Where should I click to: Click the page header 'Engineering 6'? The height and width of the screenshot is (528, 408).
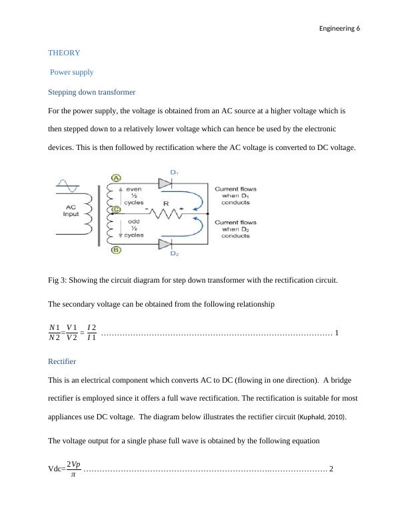click(x=339, y=29)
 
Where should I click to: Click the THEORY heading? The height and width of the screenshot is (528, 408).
click(x=64, y=53)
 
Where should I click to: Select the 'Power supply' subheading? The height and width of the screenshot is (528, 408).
click(x=71, y=72)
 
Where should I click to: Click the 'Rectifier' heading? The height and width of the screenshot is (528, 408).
click(x=62, y=361)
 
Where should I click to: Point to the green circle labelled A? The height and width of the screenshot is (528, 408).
click(x=116, y=178)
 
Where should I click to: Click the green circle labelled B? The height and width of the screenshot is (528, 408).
click(x=116, y=250)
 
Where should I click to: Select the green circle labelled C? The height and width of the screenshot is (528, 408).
click(x=116, y=209)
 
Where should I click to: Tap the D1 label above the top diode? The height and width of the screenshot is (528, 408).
click(x=175, y=173)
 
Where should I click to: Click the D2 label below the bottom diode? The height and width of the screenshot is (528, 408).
click(x=174, y=254)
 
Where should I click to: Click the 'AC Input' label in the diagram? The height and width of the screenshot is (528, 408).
click(x=71, y=210)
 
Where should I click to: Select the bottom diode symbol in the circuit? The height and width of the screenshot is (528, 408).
click(x=167, y=244)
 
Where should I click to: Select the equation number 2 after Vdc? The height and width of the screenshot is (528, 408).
click(x=332, y=469)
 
